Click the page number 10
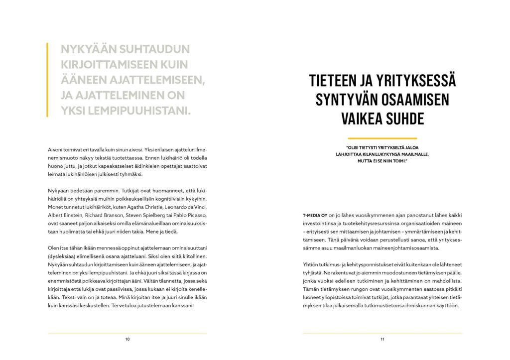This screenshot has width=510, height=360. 127,339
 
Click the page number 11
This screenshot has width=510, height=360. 382,339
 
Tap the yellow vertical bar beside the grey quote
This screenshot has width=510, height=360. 47,79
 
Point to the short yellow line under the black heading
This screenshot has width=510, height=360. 382,138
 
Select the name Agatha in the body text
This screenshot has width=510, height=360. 141,206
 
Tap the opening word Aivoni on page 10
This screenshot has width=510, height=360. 56,149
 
